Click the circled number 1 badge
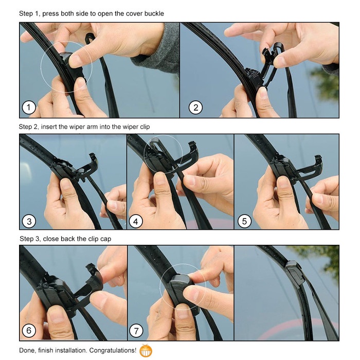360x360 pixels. click(29, 108)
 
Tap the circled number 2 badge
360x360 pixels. click(195, 108)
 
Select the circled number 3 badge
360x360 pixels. click(29, 221)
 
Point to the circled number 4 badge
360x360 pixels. click(136, 221)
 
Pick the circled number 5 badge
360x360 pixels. click(244, 221)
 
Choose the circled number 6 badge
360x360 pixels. click(29, 331)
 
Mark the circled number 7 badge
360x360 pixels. click(136, 331)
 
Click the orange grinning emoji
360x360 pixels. click(146, 351)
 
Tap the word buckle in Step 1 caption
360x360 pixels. click(153, 13)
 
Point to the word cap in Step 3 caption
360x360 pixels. click(105, 239)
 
